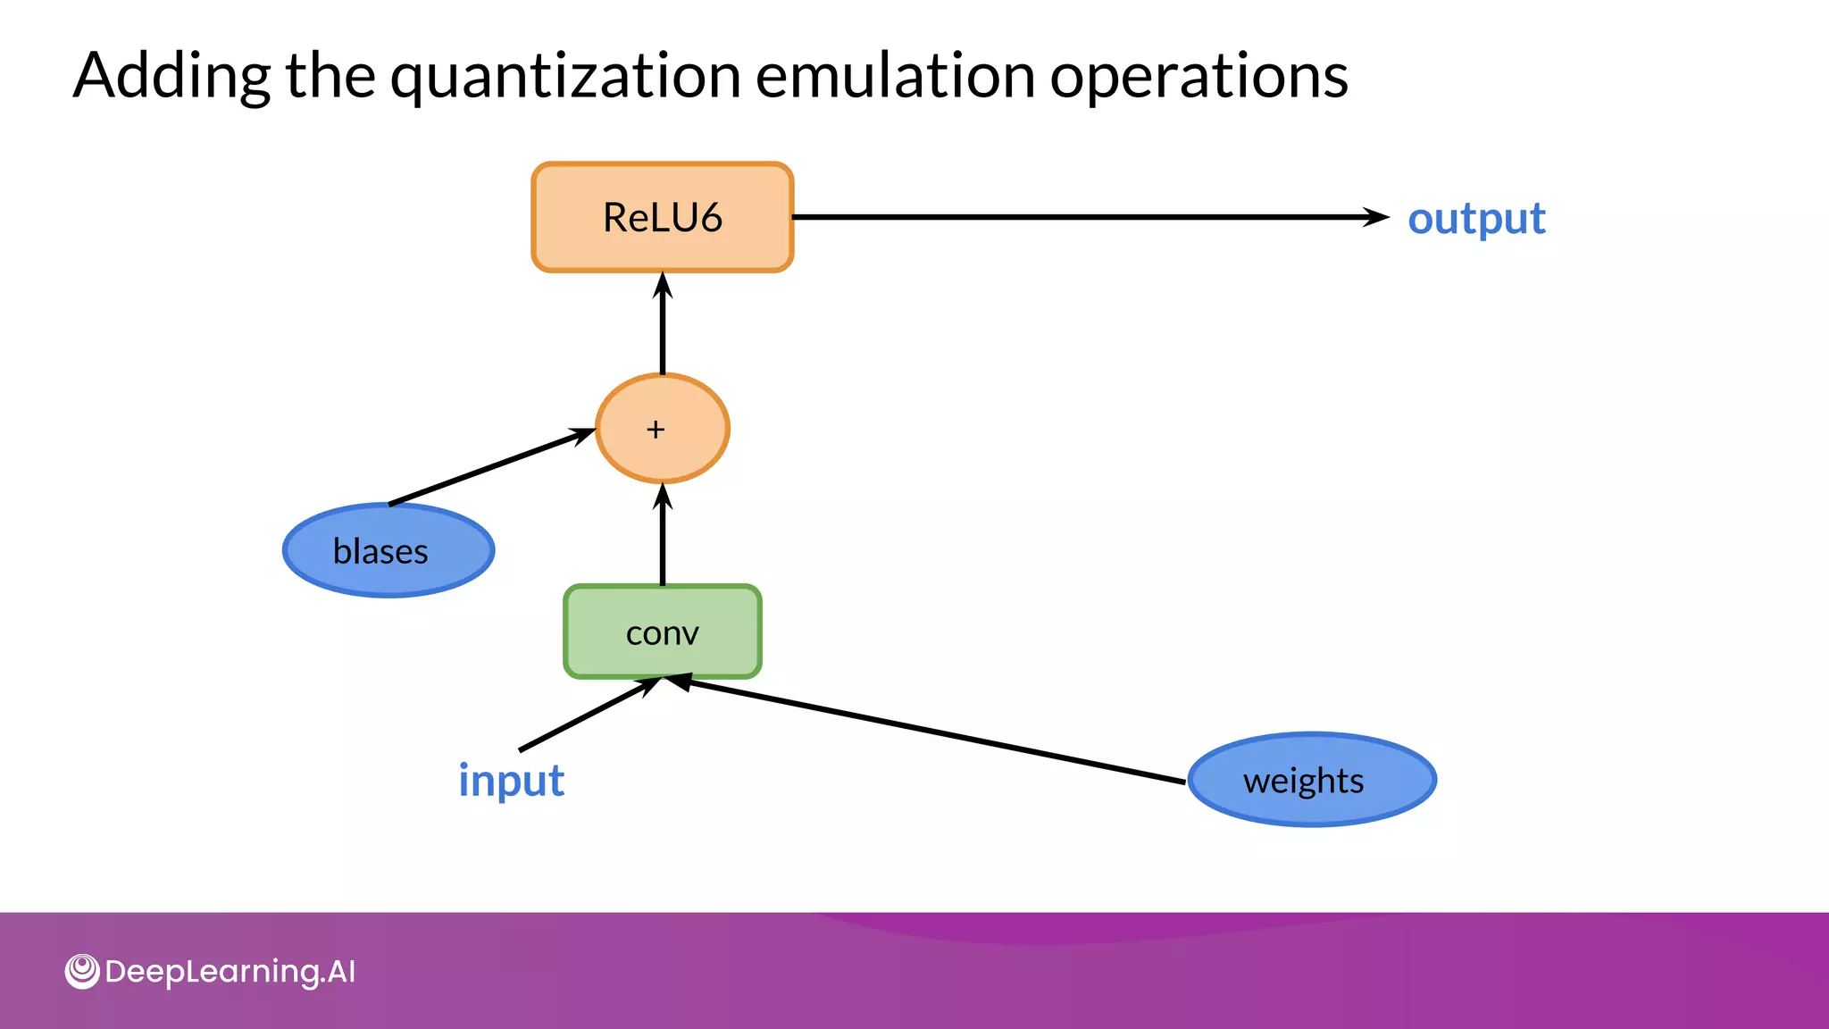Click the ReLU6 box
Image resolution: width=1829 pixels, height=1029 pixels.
[662, 217]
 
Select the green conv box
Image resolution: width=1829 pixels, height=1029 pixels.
[662, 632]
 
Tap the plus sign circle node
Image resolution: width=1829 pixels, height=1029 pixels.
[662, 429]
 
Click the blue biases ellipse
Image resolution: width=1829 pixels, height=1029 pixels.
[388, 550]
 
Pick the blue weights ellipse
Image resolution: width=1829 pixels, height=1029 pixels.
[1311, 780]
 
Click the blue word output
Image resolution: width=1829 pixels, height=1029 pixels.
[1475, 219]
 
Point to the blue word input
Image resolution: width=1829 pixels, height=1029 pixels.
[511, 780]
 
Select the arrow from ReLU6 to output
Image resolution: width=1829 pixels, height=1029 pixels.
[1072, 217]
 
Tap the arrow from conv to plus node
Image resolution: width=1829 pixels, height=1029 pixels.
[662, 536]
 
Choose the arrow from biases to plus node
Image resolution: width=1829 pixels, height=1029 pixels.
[491, 467]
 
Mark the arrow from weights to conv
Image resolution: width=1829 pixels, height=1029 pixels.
[929, 731]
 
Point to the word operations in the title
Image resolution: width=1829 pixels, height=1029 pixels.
[1198, 76]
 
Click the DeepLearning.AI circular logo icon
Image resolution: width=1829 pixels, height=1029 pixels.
[82, 971]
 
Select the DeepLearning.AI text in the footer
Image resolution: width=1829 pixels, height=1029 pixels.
[230, 972]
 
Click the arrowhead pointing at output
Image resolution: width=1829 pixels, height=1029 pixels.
[1376, 217]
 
